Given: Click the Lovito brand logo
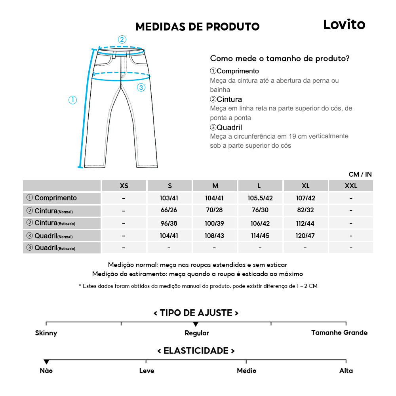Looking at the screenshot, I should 344,25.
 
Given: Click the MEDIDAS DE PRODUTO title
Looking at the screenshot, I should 197,27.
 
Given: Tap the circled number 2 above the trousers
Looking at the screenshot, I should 122,39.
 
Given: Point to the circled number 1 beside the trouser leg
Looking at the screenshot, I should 72,100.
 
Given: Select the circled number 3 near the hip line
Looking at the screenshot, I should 141,88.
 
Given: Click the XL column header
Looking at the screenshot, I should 305,186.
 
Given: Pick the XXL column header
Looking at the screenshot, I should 350,186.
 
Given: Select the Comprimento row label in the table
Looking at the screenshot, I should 51,198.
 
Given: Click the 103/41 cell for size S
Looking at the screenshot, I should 169,198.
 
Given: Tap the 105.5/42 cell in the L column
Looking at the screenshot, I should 260,198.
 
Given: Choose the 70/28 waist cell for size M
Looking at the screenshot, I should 215,211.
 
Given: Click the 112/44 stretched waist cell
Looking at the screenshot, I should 305,223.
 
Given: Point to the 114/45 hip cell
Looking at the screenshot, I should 260,236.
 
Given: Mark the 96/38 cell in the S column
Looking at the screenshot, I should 169,223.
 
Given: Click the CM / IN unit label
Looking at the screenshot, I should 360,174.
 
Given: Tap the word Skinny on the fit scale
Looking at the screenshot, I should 46,333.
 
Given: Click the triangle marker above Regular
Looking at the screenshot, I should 196,324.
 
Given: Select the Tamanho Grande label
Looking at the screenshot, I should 339,333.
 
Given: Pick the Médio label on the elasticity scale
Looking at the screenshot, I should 246,371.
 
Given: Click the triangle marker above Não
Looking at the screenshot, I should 46,362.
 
